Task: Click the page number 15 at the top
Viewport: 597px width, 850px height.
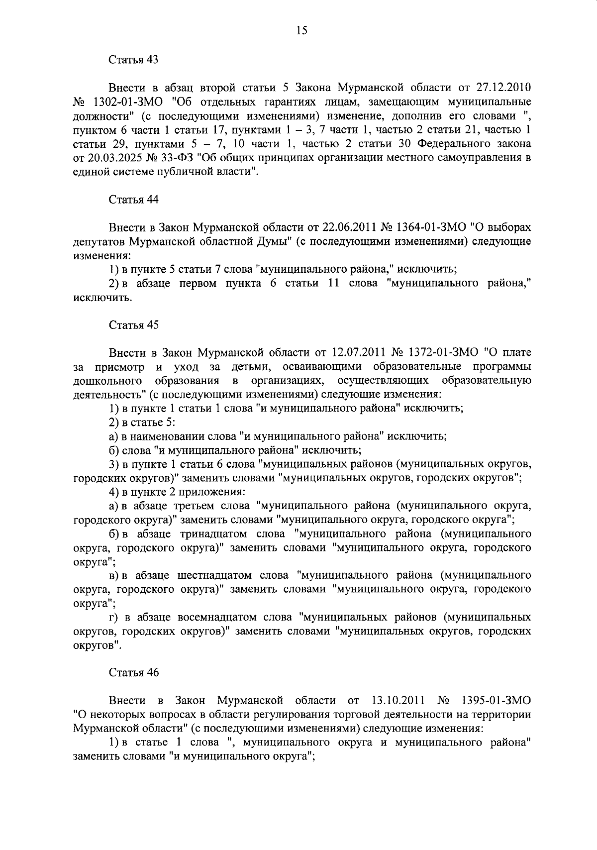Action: tap(302, 31)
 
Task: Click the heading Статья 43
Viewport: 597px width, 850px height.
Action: tap(133, 60)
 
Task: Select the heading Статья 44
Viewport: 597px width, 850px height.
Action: tap(133, 200)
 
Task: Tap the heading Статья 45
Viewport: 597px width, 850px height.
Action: tap(133, 325)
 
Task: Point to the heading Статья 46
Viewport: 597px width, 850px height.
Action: tap(133, 672)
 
